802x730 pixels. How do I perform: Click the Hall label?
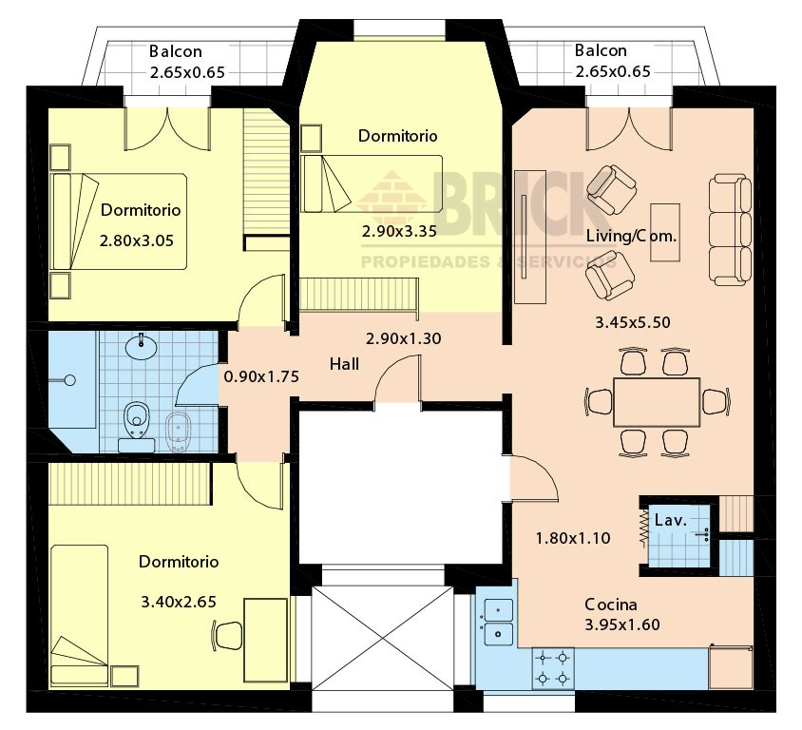344,364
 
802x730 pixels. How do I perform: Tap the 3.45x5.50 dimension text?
633,322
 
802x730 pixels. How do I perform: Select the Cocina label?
611,605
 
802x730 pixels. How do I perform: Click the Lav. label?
670,520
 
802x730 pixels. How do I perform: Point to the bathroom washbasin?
141,346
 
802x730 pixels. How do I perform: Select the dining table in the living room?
657,402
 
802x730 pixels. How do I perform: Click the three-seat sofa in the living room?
730,229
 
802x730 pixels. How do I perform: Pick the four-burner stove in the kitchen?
553,668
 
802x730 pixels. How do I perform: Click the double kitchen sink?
498,622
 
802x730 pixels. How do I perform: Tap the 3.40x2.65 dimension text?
179,602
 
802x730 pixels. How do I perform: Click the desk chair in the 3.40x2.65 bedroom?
226,635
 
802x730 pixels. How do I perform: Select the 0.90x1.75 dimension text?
261,376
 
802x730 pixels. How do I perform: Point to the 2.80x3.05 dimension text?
137,240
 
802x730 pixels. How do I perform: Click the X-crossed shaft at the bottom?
383,638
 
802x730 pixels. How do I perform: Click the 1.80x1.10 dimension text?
573,538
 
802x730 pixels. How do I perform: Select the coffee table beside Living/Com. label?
665,232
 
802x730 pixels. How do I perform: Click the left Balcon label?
176,51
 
